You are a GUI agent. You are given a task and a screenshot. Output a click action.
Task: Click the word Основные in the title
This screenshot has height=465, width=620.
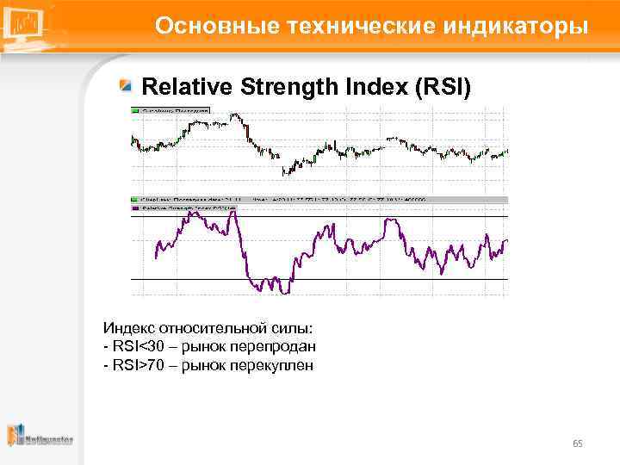[208, 27]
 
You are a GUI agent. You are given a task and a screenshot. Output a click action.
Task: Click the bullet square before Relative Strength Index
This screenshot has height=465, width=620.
[127, 86]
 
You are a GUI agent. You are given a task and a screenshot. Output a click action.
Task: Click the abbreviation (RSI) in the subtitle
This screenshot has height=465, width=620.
[440, 87]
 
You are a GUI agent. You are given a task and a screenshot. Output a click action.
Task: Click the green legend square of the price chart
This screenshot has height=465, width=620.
[134, 110]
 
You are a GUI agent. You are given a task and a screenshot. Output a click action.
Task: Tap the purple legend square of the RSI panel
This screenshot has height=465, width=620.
[134, 208]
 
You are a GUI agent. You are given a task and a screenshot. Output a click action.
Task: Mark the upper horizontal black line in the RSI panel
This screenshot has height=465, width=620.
[319, 215]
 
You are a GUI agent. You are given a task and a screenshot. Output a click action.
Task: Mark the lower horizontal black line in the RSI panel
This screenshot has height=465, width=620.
[319, 280]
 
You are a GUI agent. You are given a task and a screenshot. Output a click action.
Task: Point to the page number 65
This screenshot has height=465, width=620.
[578, 443]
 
